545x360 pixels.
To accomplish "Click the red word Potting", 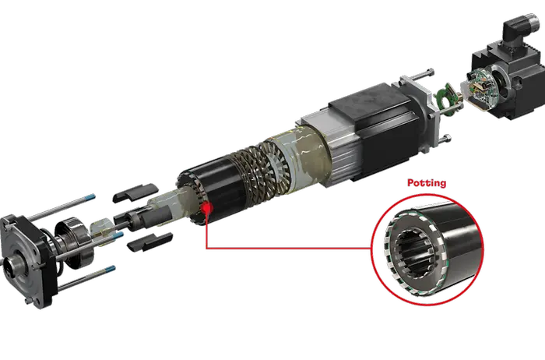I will coord(427,184).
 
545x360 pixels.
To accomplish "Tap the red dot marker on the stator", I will coord(207,210).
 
